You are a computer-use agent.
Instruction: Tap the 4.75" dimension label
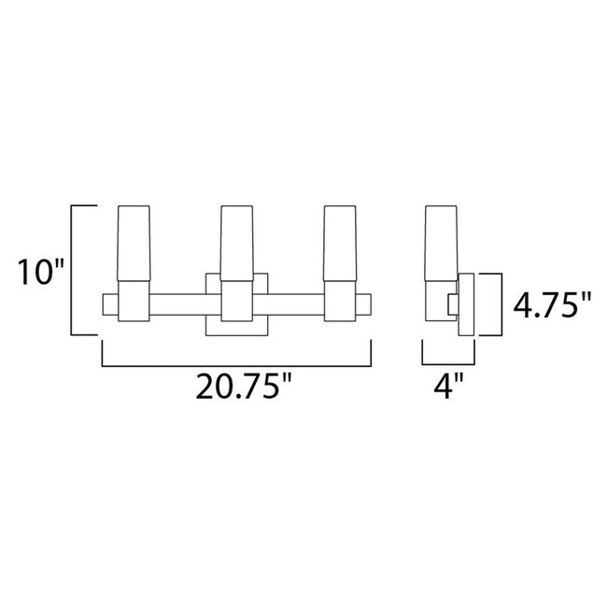coord(554,305)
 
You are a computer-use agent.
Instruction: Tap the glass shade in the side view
coord(436,243)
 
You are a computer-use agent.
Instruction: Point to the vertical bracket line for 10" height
coord(74,271)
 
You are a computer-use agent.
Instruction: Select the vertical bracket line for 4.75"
coord(502,305)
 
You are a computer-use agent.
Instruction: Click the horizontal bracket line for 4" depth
coord(447,363)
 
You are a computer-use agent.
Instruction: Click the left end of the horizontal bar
coord(108,305)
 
